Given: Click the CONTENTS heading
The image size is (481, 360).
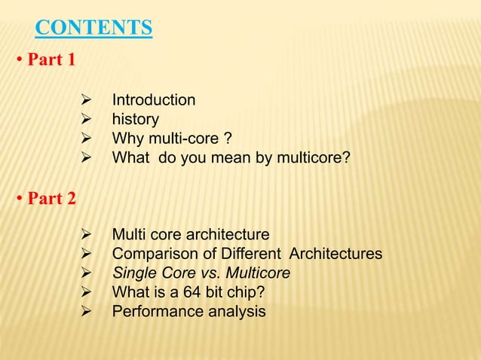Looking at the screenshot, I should pos(94,28).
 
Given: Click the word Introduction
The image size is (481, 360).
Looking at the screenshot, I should pos(154,100).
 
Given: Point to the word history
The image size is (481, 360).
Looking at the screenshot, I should pos(136,120).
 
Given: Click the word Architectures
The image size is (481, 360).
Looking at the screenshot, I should pos(335,254).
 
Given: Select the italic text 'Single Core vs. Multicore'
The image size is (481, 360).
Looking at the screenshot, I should pos(201,273).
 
